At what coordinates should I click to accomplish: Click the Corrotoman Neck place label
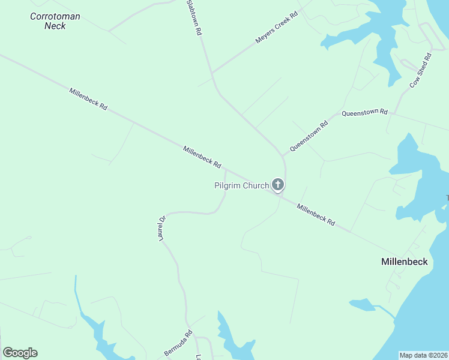pos(55,21)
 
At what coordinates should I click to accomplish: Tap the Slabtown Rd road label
pos(193,18)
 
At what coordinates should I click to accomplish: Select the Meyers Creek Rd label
pos(277,28)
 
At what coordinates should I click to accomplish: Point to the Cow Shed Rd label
pos(421,71)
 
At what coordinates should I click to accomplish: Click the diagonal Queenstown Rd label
pos(309,137)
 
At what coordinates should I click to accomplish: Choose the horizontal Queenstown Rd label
pos(365,112)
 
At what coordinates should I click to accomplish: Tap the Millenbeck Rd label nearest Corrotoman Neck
pos(88,99)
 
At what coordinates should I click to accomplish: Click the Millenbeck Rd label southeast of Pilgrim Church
pos(316,214)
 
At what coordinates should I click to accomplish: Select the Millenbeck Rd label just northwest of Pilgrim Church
pos(202,157)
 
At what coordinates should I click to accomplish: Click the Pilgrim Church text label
pos(241,185)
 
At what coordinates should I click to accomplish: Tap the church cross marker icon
pos(277,184)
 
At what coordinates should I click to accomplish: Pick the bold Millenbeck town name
pos(405,262)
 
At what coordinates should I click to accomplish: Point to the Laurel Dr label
pos(161,229)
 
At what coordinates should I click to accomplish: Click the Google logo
pos(20,353)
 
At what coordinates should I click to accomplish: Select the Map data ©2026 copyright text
pos(424,355)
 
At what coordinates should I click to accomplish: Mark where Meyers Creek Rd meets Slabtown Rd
pos(212,73)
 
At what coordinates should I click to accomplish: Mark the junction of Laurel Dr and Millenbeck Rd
pos(225,169)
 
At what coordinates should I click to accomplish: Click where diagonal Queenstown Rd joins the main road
pos(283,155)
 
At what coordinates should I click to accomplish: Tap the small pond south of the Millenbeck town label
pos(362,305)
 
